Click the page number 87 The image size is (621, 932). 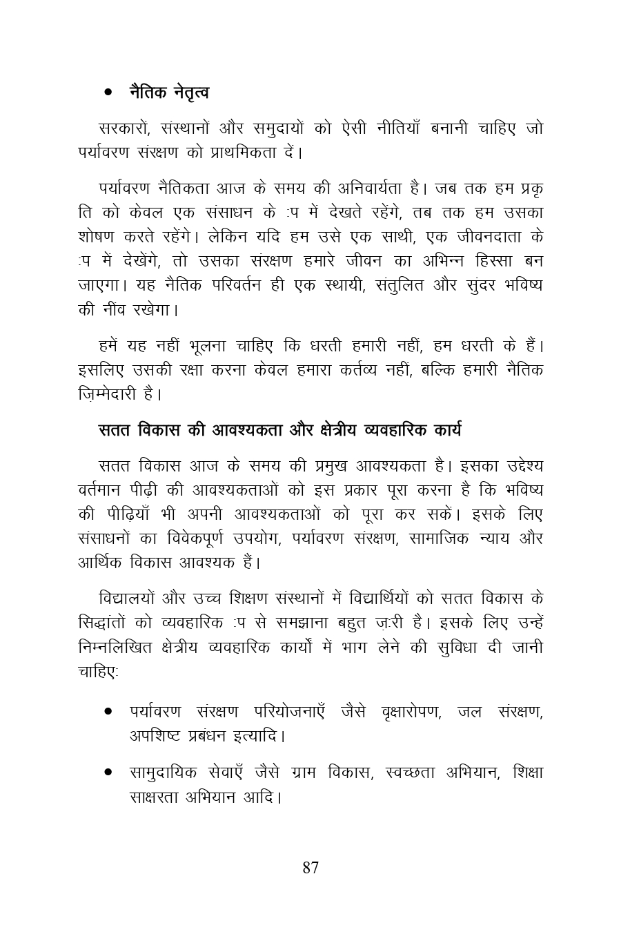tap(310, 868)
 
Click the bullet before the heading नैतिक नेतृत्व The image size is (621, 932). tap(108, 93)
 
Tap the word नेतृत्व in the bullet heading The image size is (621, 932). tap(189, 92)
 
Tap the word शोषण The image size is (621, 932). tap(95, 236)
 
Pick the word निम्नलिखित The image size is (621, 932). tap(122, 647)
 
